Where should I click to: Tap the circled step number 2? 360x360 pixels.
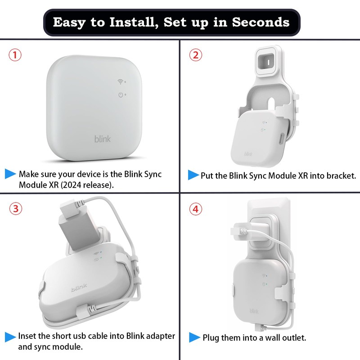[195, 55]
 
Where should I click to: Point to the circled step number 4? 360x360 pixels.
[195, 209]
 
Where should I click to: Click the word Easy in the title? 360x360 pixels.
[72, 22]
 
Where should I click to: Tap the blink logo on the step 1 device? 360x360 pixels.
[102, 139]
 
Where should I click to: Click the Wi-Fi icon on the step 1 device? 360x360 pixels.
[120, 82]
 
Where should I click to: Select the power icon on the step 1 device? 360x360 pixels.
[120, 94]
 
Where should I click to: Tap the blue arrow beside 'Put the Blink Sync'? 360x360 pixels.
[193, 175]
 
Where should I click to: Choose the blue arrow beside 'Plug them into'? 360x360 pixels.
[194, 337]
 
